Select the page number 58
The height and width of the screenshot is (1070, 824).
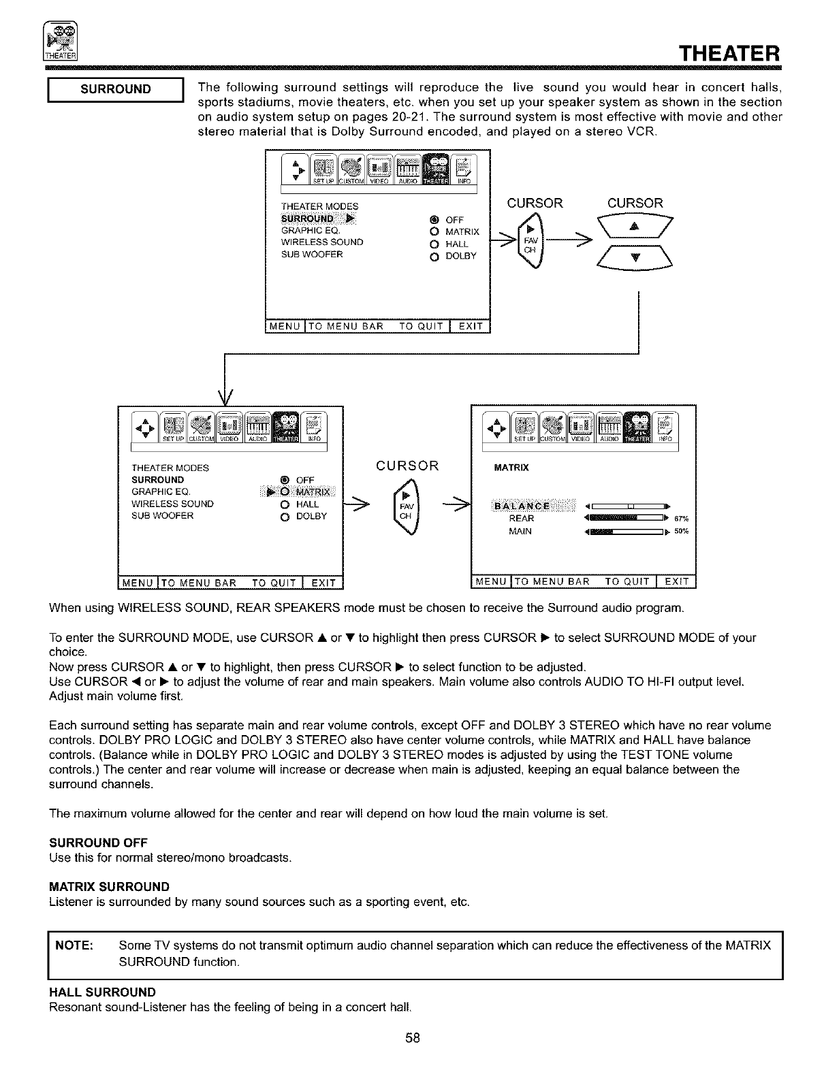(412, 1038)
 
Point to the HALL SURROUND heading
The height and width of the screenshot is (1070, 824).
(102, 992)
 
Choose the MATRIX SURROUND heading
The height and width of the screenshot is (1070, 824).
(109, 887)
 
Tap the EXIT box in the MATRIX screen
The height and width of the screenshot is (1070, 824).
(676, 581)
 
